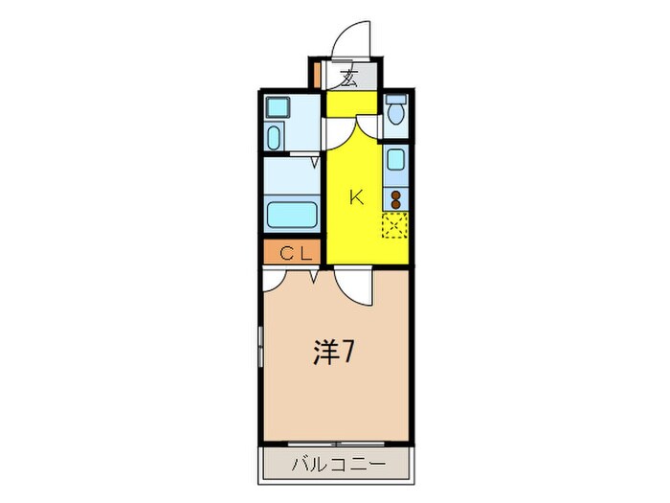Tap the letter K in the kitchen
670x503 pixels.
point(356,198)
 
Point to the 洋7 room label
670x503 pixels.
point(334,354)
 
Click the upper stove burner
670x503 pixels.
point(395,194)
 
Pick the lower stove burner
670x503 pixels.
point(395,204)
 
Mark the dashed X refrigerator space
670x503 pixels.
point(395,227)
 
